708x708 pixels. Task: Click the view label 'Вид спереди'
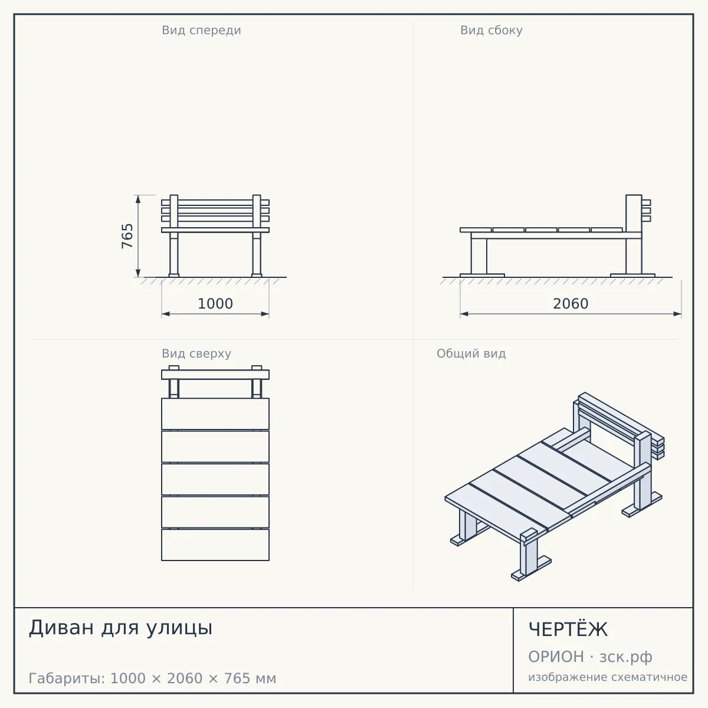coord(201,30)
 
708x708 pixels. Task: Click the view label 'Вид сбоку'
coord(491,30)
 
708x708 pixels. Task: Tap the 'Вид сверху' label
coord(196,353)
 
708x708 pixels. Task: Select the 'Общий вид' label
coord(471,353)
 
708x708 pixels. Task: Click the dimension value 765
coord(127,236)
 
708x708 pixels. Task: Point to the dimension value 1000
coord(215,304)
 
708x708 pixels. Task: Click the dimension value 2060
coord(571,304)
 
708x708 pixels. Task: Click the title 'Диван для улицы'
coord(120,628)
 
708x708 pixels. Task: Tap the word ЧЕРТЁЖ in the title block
coord(568,629)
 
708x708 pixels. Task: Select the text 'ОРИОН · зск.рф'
coord(590,657)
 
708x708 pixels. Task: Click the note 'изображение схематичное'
coord(608,677)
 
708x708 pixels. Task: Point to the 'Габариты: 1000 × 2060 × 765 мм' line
coord(152,678)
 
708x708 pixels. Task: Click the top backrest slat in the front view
coord(215,202)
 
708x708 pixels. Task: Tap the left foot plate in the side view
coord(482,275)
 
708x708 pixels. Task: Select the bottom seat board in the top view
coord(215,545)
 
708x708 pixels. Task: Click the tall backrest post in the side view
coord(634,234)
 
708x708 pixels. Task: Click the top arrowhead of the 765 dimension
coord(138,199)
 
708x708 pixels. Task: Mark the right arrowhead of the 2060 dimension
coord(677,314)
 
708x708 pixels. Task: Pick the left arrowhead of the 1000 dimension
coord(166,314)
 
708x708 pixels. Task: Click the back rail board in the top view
coord(215,375)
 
